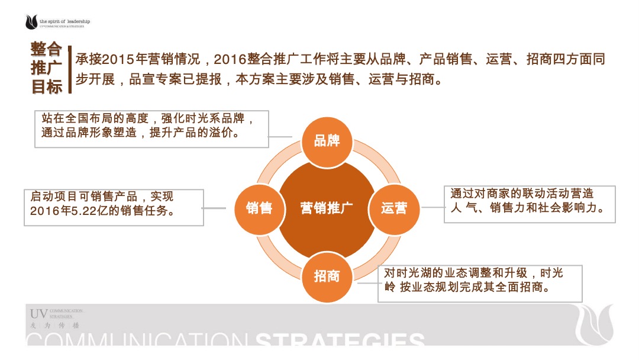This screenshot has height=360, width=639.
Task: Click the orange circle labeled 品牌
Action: [x=327, y=140]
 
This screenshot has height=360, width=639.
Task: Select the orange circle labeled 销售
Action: [x=259, y=208]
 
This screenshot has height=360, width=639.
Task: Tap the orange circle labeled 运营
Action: [x=394, y=208]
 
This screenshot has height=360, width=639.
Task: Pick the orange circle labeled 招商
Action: [x=327, y=276]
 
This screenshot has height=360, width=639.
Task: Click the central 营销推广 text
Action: [x=327, y=208]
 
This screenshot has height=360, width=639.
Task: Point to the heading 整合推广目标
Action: [x=47, y=67]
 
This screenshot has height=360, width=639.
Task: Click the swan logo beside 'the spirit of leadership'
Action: [x=31, y=22]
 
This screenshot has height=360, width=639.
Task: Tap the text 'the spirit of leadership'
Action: [x=64, y=21]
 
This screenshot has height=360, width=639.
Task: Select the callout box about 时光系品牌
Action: [x=151, y=128]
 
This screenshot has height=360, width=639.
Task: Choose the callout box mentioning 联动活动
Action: [x=529, y=204]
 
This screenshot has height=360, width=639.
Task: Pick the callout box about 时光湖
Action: [x=479, y=283]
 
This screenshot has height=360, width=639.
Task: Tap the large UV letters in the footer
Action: [x=38, y=313]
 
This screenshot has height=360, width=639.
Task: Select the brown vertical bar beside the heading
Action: [x=70, y=70]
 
